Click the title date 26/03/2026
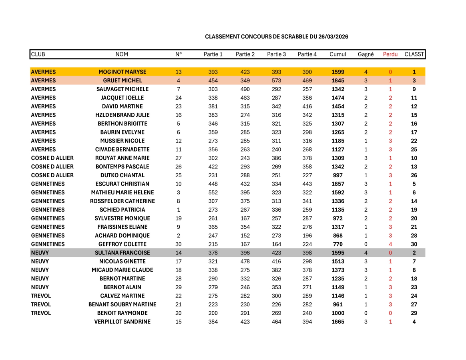(333, 37)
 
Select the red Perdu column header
(390, 54)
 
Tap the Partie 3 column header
(276, 54)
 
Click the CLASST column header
(414, 54)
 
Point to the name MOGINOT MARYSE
(123, 72)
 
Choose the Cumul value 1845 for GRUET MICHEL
(338, 81)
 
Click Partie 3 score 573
(276, 81)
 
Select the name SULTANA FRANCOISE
(123, 253)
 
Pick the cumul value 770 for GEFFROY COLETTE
(338, 244)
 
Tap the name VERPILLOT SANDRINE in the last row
(123, 322)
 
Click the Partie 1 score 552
(213, 192)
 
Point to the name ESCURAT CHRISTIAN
(123, 184)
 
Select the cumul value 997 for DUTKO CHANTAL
(338, 175)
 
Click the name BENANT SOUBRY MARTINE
(123, 304)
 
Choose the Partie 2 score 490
(245, 89)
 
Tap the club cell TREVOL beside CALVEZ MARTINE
(41, 296)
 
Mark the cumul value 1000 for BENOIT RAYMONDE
(338, 313)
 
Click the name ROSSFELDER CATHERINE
(123, 201)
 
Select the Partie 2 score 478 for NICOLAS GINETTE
(245, 262)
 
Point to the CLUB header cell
(38, 54)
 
